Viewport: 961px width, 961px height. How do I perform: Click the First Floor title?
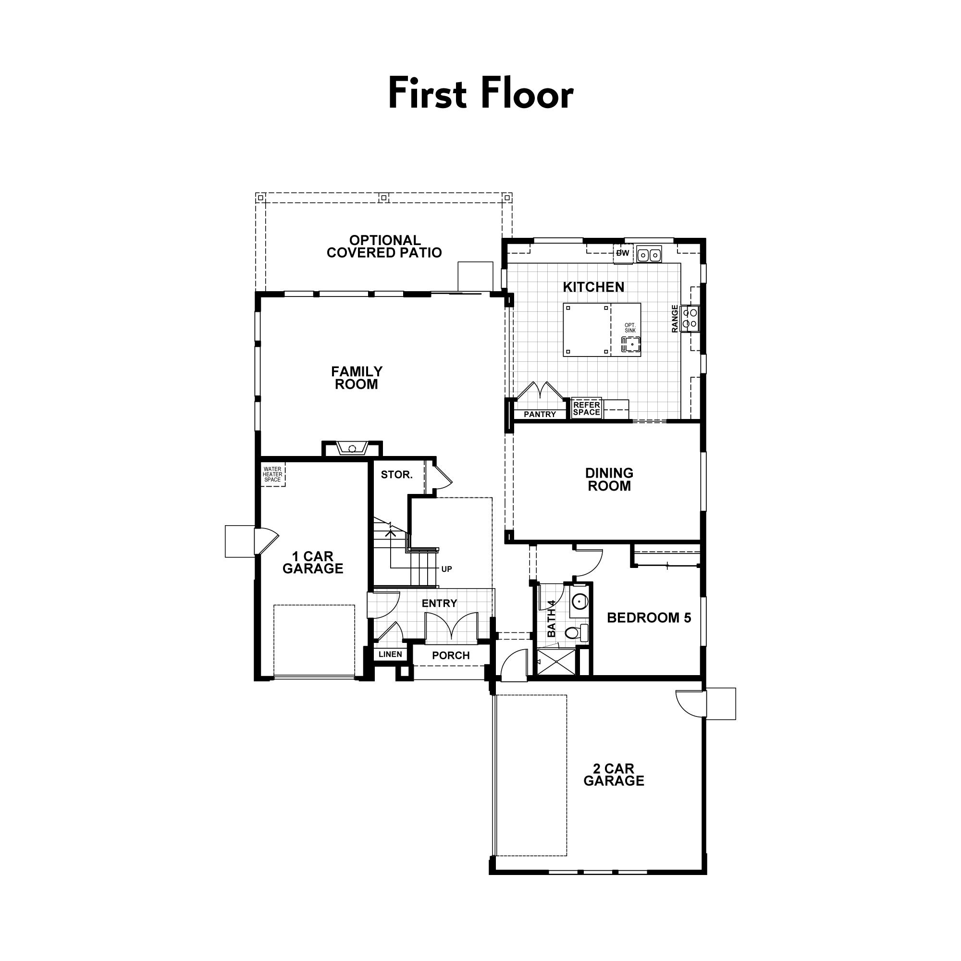480,94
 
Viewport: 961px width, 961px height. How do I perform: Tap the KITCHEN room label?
593,287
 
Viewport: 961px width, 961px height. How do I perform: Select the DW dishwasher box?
623,253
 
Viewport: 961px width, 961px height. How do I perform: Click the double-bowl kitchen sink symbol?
649,255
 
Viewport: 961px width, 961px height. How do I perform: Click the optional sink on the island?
631,343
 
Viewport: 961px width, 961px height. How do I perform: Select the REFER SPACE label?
586,408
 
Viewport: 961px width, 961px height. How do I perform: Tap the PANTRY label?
540,414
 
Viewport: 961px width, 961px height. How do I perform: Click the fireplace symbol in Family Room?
352,448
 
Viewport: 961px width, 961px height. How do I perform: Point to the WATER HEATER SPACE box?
272,474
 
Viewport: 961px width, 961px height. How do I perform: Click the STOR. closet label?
396,475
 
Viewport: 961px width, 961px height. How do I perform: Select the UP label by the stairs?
446,569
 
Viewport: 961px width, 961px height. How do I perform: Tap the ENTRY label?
439,604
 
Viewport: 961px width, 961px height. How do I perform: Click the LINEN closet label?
390,654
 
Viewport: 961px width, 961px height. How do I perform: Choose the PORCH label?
451,655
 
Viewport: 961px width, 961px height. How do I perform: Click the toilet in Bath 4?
575,633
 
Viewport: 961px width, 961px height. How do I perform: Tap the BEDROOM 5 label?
649,618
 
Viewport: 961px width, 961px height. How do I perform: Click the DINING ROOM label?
609,480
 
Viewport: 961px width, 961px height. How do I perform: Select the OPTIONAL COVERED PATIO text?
384,246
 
